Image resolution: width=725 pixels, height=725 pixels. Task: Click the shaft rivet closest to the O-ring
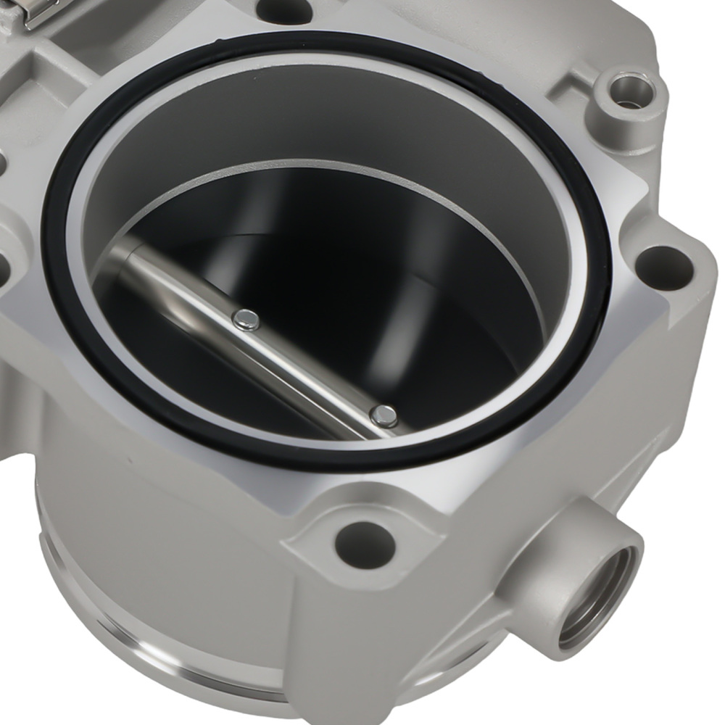tap(384, 415)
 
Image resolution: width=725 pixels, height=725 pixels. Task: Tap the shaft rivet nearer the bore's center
tap(246, 318)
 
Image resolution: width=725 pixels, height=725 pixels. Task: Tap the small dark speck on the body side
tap(131, 461)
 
